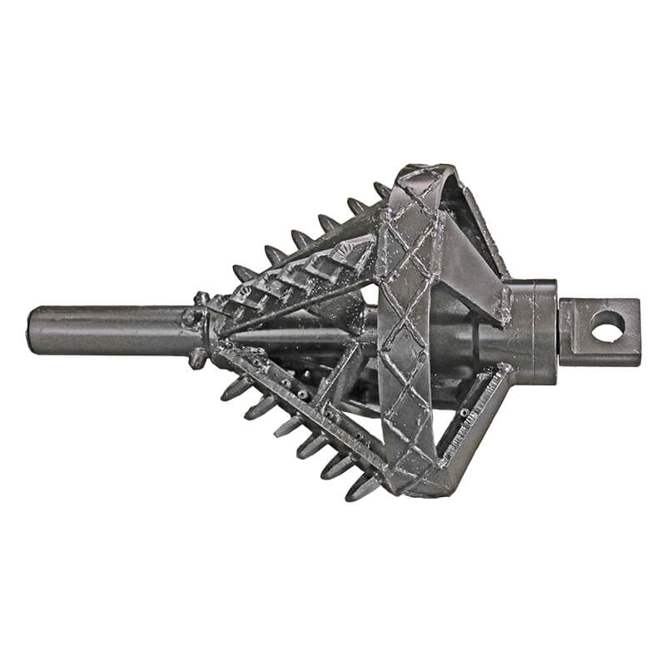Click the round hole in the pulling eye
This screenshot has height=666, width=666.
coord(607,326)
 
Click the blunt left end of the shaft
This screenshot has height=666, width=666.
coord(33,330)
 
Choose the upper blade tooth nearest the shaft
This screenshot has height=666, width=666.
coord(244,273)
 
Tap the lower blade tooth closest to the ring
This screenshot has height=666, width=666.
coord(363,488)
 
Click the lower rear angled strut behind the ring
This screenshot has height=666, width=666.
coord(475,416)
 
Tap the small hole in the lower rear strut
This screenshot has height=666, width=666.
coord(463,413)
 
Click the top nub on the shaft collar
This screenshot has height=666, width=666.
coord(201,298)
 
